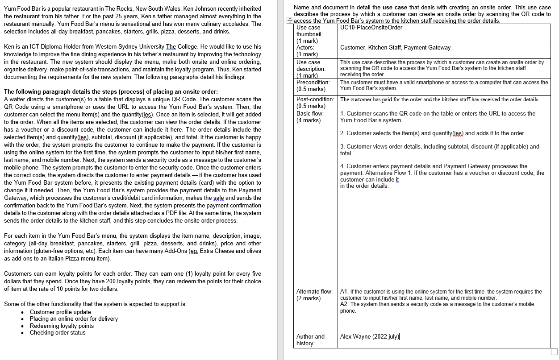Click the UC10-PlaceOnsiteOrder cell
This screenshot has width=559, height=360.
371,28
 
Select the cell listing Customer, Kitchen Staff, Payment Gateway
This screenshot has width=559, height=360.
395,48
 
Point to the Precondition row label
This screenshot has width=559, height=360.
313,83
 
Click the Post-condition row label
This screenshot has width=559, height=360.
315,99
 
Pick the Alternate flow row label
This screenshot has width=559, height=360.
314,292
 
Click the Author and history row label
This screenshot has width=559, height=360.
310,337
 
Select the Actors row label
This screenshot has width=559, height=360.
305,48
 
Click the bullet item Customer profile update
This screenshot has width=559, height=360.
60,312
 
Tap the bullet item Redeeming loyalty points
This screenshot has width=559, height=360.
62,326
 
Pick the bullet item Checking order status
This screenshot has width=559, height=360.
58,332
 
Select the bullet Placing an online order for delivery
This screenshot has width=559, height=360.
74,319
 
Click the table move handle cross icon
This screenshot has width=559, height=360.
289,21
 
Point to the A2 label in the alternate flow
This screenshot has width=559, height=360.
344,304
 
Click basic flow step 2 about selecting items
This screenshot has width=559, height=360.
432,133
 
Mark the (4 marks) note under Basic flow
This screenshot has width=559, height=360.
309,120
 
